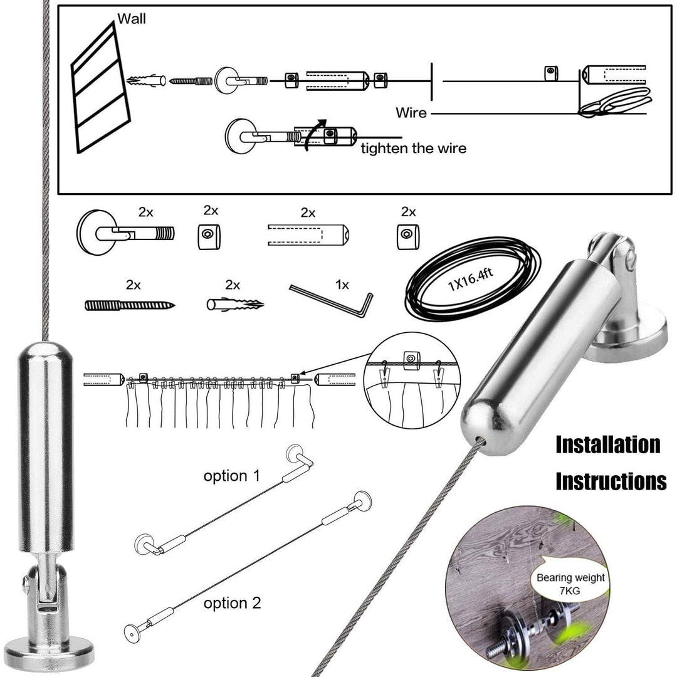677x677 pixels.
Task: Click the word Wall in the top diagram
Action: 132,19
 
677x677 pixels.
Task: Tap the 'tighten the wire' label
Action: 413,149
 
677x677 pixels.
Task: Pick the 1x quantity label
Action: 342,284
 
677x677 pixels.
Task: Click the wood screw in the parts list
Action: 130,305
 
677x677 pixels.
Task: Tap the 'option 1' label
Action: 231,476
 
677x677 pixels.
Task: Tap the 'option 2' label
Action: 232,603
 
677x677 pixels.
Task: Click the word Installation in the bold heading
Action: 608,445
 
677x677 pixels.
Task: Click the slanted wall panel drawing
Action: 100,88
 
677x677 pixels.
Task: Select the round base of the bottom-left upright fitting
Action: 42,652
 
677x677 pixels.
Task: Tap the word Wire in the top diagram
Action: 411,113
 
